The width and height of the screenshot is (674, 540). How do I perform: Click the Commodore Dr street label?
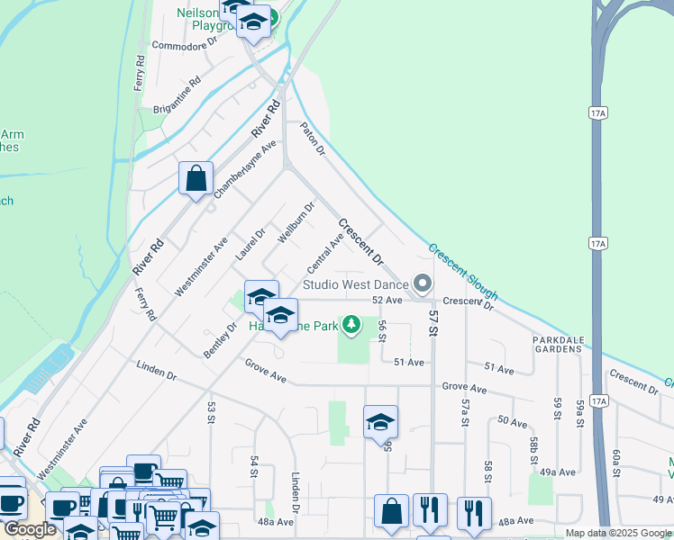coord(185,43)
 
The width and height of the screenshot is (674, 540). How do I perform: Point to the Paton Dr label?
coord(313,138)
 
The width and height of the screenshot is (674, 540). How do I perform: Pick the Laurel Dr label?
coord(250,244)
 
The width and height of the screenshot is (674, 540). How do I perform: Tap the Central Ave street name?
coord(325,253)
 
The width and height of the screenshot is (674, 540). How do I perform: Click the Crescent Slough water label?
coord(463,271)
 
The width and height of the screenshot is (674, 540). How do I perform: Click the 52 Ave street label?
coord(386,300)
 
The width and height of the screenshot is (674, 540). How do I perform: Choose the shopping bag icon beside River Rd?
coord(196,179)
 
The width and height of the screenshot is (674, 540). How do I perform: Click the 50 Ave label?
coord(511,421)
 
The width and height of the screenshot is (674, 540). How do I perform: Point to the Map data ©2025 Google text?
coord(617,533)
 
